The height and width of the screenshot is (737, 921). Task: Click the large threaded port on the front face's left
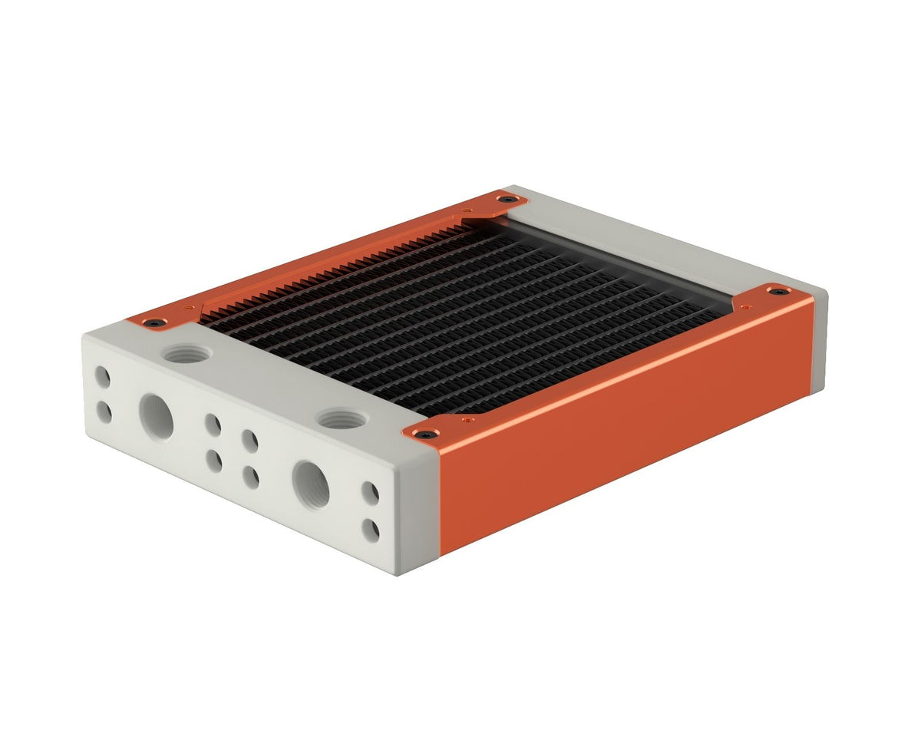point(157,416)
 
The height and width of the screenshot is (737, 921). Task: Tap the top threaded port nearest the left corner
point(187,354)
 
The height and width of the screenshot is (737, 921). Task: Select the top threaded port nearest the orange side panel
point(338,419)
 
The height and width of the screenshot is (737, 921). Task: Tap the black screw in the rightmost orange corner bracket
point(778,291)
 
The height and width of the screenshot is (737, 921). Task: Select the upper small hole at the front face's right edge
point(370,492)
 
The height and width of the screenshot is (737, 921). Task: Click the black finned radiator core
point(460,315)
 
